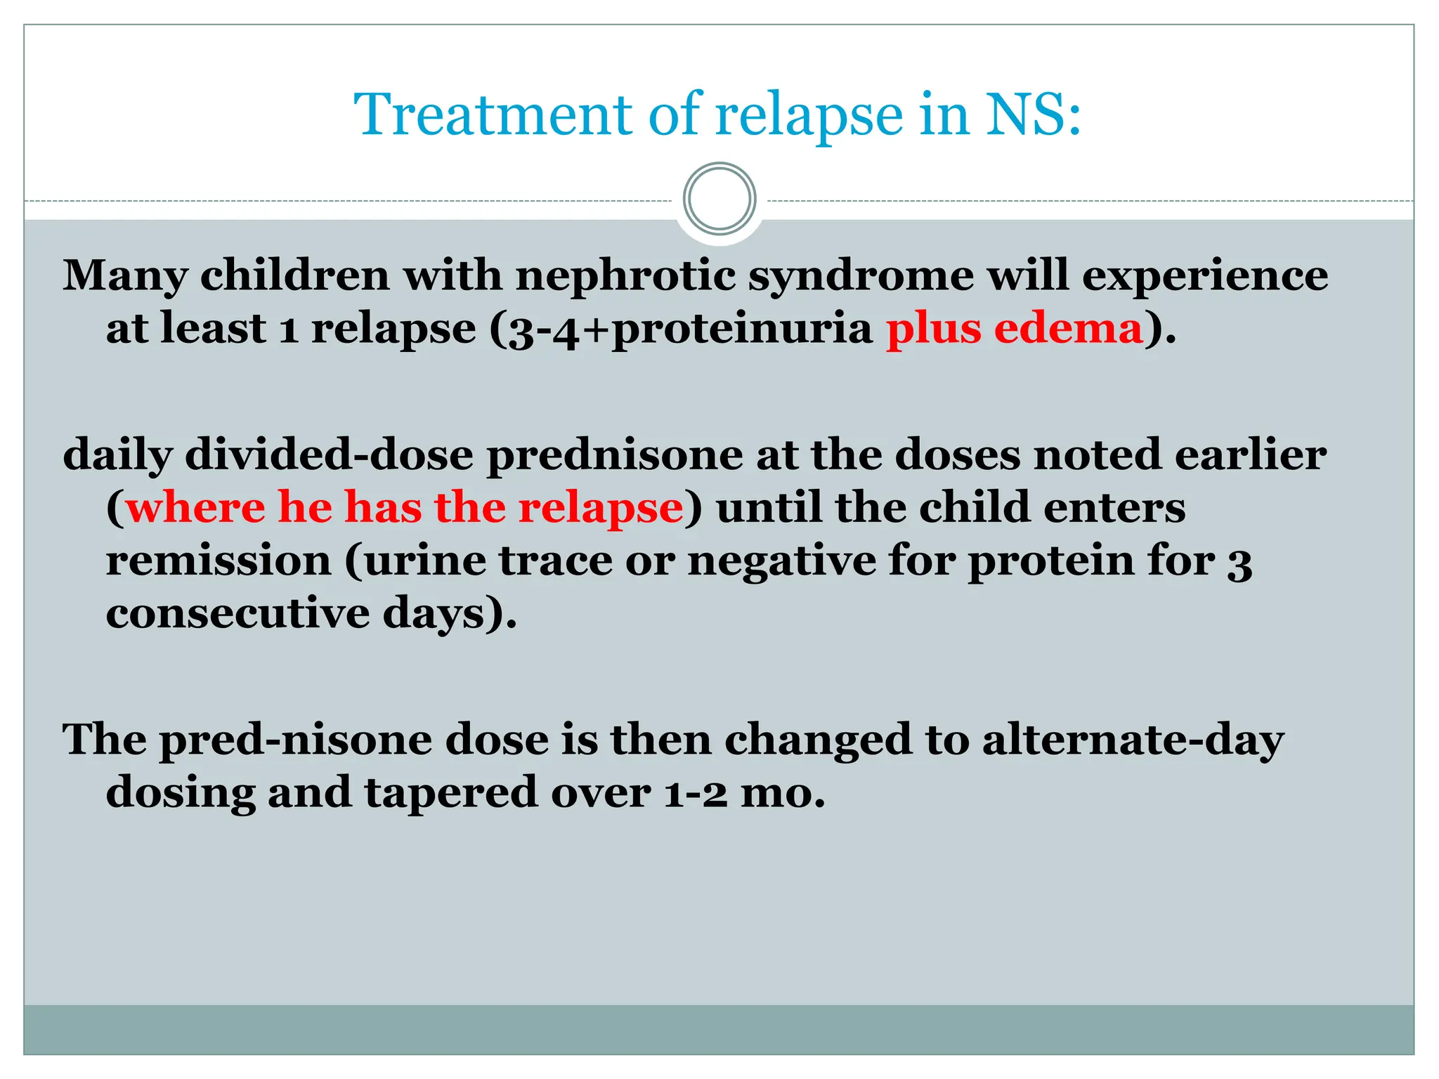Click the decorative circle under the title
coord(719,199)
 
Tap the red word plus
coord(933,328)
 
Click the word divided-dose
coord(329,455)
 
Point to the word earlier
coord(1250,455)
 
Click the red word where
coord(195,507)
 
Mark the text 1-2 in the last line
coord(696,792)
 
